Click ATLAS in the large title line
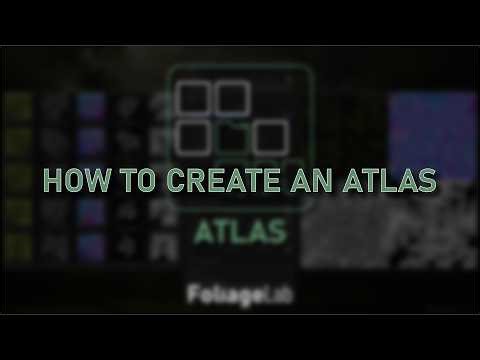(x=378, y=182)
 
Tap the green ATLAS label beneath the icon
(x=240, y=231)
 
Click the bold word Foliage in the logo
(x=226, y=296)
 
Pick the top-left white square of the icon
(x=191, y=98)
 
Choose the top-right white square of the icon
(x=232, y=98)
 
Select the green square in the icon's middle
(x=233, y=136)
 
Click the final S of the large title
(x=426, y=182)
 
